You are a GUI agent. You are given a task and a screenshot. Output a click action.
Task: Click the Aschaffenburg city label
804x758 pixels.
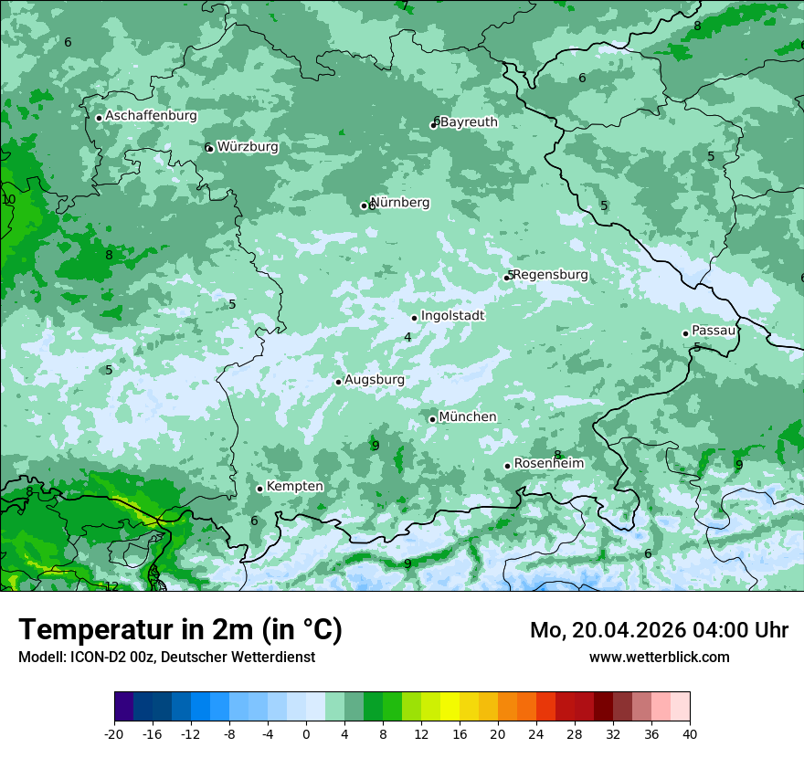151,116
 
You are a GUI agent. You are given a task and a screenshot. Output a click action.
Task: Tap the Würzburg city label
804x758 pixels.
248,146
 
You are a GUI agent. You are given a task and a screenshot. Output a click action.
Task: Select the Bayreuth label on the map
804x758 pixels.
469,121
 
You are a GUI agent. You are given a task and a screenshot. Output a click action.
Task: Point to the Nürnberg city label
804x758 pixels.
400,202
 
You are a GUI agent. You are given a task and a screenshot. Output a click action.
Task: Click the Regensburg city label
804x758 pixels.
550,274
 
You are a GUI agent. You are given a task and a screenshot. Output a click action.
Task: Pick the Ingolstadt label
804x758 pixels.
452,315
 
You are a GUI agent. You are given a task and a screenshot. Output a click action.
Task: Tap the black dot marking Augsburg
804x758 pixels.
338,382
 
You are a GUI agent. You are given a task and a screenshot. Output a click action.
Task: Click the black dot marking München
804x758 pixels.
433,419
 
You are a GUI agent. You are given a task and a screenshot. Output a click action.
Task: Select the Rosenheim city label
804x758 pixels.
548,463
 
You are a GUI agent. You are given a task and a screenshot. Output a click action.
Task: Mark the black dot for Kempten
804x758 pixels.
259,489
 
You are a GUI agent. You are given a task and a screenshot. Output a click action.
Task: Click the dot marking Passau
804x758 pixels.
685,333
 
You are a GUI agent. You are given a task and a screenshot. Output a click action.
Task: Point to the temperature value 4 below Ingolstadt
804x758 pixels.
407,337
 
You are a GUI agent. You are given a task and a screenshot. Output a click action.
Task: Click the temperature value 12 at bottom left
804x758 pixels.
111,586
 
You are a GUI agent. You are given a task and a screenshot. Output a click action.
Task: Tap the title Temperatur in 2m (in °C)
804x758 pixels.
180,629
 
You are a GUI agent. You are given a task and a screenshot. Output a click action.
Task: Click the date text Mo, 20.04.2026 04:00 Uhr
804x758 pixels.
659,630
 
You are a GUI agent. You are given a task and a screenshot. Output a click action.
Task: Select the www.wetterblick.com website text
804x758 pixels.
659,657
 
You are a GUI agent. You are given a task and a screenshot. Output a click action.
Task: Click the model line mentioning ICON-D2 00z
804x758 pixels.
166,657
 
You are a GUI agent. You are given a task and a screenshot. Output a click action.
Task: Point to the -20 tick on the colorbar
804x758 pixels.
114,733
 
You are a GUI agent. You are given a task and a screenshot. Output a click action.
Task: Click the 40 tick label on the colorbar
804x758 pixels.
689,733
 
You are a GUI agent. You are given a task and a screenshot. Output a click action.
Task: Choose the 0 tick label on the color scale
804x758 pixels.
306,733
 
